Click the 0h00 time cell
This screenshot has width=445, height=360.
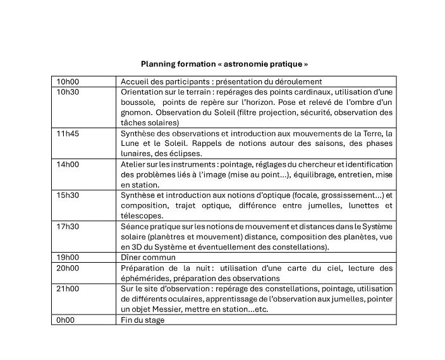pos(65,320)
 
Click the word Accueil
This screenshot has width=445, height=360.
pos(135,81)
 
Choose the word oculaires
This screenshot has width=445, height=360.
pos(196,299)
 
